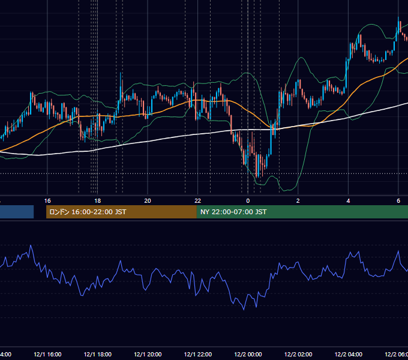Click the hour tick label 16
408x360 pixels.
[x=47, y=201]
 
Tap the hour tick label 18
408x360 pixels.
[x=97, y=201]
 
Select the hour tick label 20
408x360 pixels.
[x=148, y=201]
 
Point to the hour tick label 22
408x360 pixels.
[x=198, y=201]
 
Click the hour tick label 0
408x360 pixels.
[x=248, y=201]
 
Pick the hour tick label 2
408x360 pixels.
[x=298, y=201]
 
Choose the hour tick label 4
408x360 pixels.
[x=348, y=201]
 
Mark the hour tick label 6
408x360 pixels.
[x=398, y=201]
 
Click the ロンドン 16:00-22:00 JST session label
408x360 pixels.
[x=88, y=212]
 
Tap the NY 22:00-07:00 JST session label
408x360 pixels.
[x=233, y=212]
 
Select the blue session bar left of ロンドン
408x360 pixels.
[x=17, y=212]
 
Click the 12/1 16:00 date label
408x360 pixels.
[x=47, y=355]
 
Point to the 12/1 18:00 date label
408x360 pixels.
[x=98, y=355]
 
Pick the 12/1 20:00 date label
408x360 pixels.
[x=148, y=355]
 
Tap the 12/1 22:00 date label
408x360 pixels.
[x=198, y=355]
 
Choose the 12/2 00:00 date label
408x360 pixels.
[x=248, y=355]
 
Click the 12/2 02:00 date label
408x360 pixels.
[x=298, y=355]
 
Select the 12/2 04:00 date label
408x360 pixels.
[x=348, y=355]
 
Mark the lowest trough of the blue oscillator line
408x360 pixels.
[x=244, y=310]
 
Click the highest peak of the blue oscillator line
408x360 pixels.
[x=31, y=245]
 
